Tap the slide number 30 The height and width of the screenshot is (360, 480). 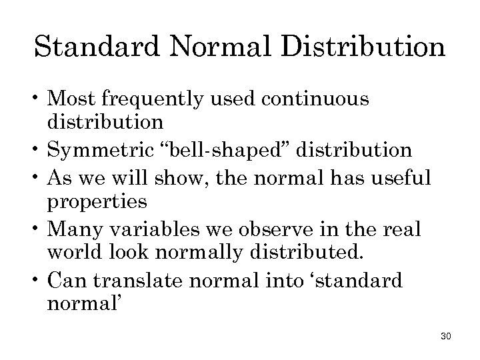[446, 337]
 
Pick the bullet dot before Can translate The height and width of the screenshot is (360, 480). [38, 280]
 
